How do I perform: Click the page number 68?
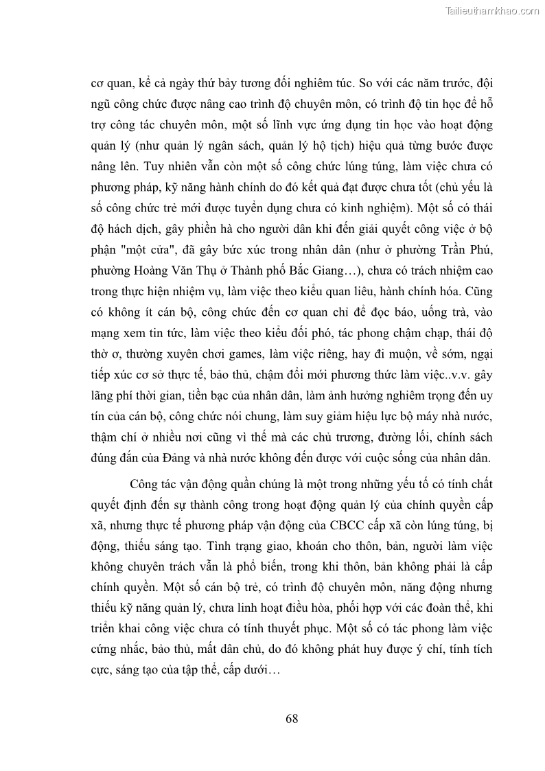point(291,719)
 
